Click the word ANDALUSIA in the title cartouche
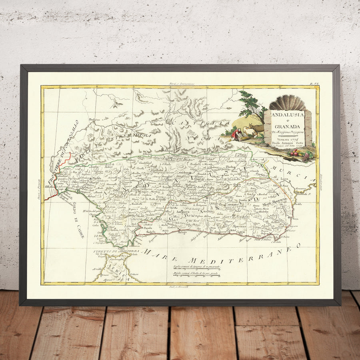tap(288, 115)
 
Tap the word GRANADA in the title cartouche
tap(288, 127)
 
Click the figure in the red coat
tap(237, 132)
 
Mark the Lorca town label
tap(284, 180)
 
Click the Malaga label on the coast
tap(182, 231)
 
